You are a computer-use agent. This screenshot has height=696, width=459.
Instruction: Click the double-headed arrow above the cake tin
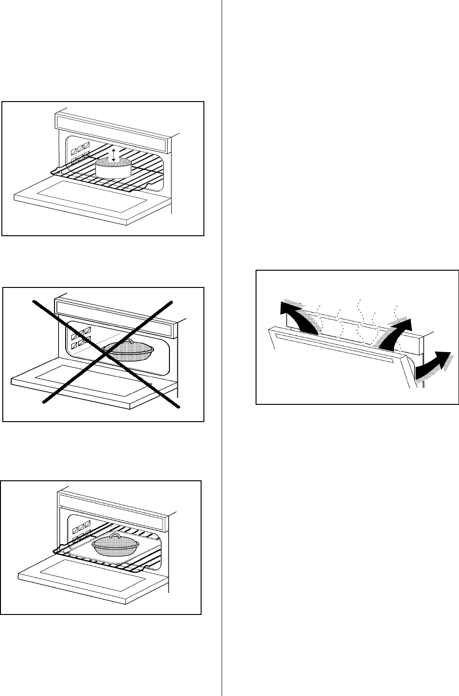click(x=113, y=155)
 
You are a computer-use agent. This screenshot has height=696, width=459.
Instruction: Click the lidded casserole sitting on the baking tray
click(x=114, y=546)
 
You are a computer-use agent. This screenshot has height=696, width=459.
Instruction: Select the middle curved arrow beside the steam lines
click(x=395, y=332)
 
